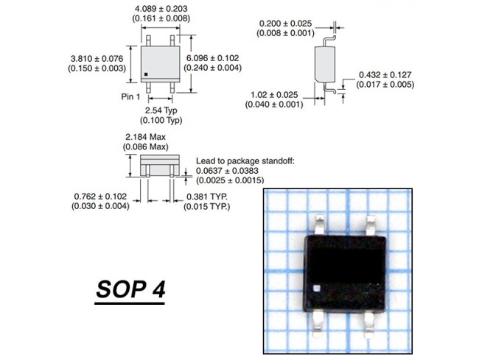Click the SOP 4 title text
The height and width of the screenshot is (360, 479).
[130, 289]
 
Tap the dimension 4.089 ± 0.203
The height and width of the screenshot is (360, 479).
[161, 9]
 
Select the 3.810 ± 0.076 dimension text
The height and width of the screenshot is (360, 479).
[97, 59]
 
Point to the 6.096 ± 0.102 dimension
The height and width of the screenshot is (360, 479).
[213, 58]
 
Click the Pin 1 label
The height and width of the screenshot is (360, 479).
[130, 96]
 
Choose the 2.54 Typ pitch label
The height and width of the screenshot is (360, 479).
[161, 110]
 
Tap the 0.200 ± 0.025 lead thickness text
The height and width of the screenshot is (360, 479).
[285, 24]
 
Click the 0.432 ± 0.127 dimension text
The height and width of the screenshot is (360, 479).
[385, 75]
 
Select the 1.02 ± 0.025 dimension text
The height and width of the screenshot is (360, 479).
[274, 95]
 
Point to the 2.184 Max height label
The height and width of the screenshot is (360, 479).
[145, 137]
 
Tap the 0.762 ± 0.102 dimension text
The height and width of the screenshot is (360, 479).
[100, 196]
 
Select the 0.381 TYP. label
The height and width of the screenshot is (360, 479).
[207, 197]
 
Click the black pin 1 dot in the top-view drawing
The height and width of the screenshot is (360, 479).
[146, 74]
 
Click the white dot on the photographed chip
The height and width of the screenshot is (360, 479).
[317, 288]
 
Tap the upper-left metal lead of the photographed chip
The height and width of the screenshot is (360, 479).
[319, 225]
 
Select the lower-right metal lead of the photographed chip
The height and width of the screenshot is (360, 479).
[369, 325]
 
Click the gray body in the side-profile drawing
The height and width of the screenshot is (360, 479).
[325, 64]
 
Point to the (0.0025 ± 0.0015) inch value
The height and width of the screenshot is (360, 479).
[230, 180]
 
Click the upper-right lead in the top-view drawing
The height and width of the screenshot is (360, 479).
[172, 40]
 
